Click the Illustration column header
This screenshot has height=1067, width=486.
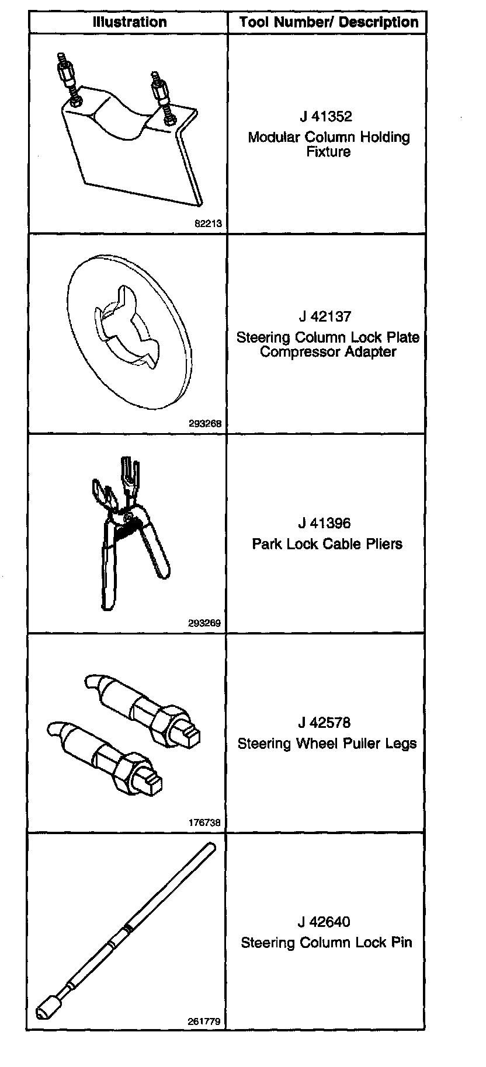pos(129,22)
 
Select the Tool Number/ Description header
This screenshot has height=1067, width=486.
pos(328,23)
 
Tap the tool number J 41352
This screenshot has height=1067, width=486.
pos(326,116)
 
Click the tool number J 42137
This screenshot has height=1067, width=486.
pos(325,316)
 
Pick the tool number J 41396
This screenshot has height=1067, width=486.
pos(325,523)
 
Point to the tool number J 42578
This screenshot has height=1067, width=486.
pos(325,723)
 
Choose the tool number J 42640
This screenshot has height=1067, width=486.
pos(324,922)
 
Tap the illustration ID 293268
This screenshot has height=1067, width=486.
pos(205,424)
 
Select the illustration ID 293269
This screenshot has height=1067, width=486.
pos(204,623)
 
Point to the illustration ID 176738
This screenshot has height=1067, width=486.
pos(204,822)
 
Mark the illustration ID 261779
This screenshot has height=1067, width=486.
pos(204,1021)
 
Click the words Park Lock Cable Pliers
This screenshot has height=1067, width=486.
pos(327,544)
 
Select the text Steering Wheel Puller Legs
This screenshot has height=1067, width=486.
pos(327,744)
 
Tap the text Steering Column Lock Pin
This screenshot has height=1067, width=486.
pos(327,943)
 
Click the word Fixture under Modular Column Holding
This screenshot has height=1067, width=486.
pos(328,152)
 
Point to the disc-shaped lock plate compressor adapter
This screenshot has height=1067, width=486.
pos(128,327)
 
